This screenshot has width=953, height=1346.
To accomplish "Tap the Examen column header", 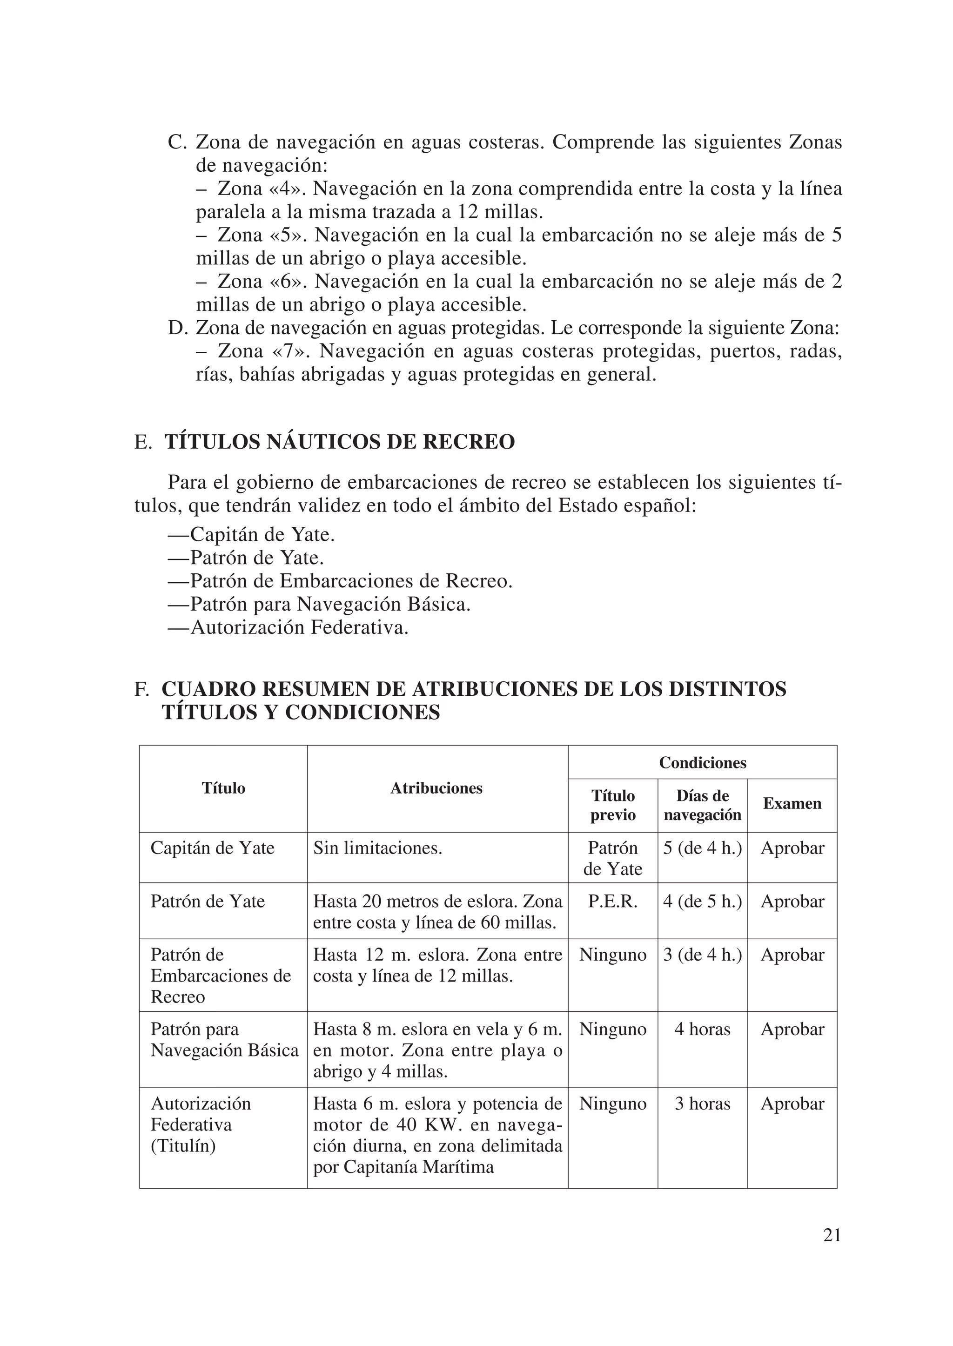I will tap(792, 804).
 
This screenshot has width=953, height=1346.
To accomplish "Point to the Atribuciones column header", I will tap(436, 788).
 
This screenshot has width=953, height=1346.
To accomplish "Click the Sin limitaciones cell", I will tap(377, 848).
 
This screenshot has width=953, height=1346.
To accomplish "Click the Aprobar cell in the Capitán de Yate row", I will tap(792, 848).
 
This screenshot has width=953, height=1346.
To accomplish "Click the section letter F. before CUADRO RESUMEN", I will tap(141, 689).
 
